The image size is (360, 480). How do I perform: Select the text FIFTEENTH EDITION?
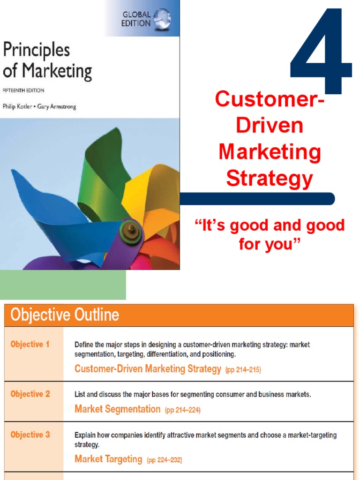(x=24, y=90)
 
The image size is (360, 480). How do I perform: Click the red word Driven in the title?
(x=269, y=126)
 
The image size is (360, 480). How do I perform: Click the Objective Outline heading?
(x=65, y=315)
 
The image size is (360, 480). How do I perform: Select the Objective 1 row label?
(x=30, y=345)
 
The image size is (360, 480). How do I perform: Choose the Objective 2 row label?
(x=30, y=394)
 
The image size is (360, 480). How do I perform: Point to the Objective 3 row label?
(x=30, y=435)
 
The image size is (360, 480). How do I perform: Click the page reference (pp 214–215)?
(x=243, y=370)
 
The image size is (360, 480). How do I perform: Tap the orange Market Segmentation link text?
(x=117, y=409)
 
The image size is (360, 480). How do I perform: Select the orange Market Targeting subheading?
(x=108, y=459)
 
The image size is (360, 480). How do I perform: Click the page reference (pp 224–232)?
(x=164, y=460)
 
